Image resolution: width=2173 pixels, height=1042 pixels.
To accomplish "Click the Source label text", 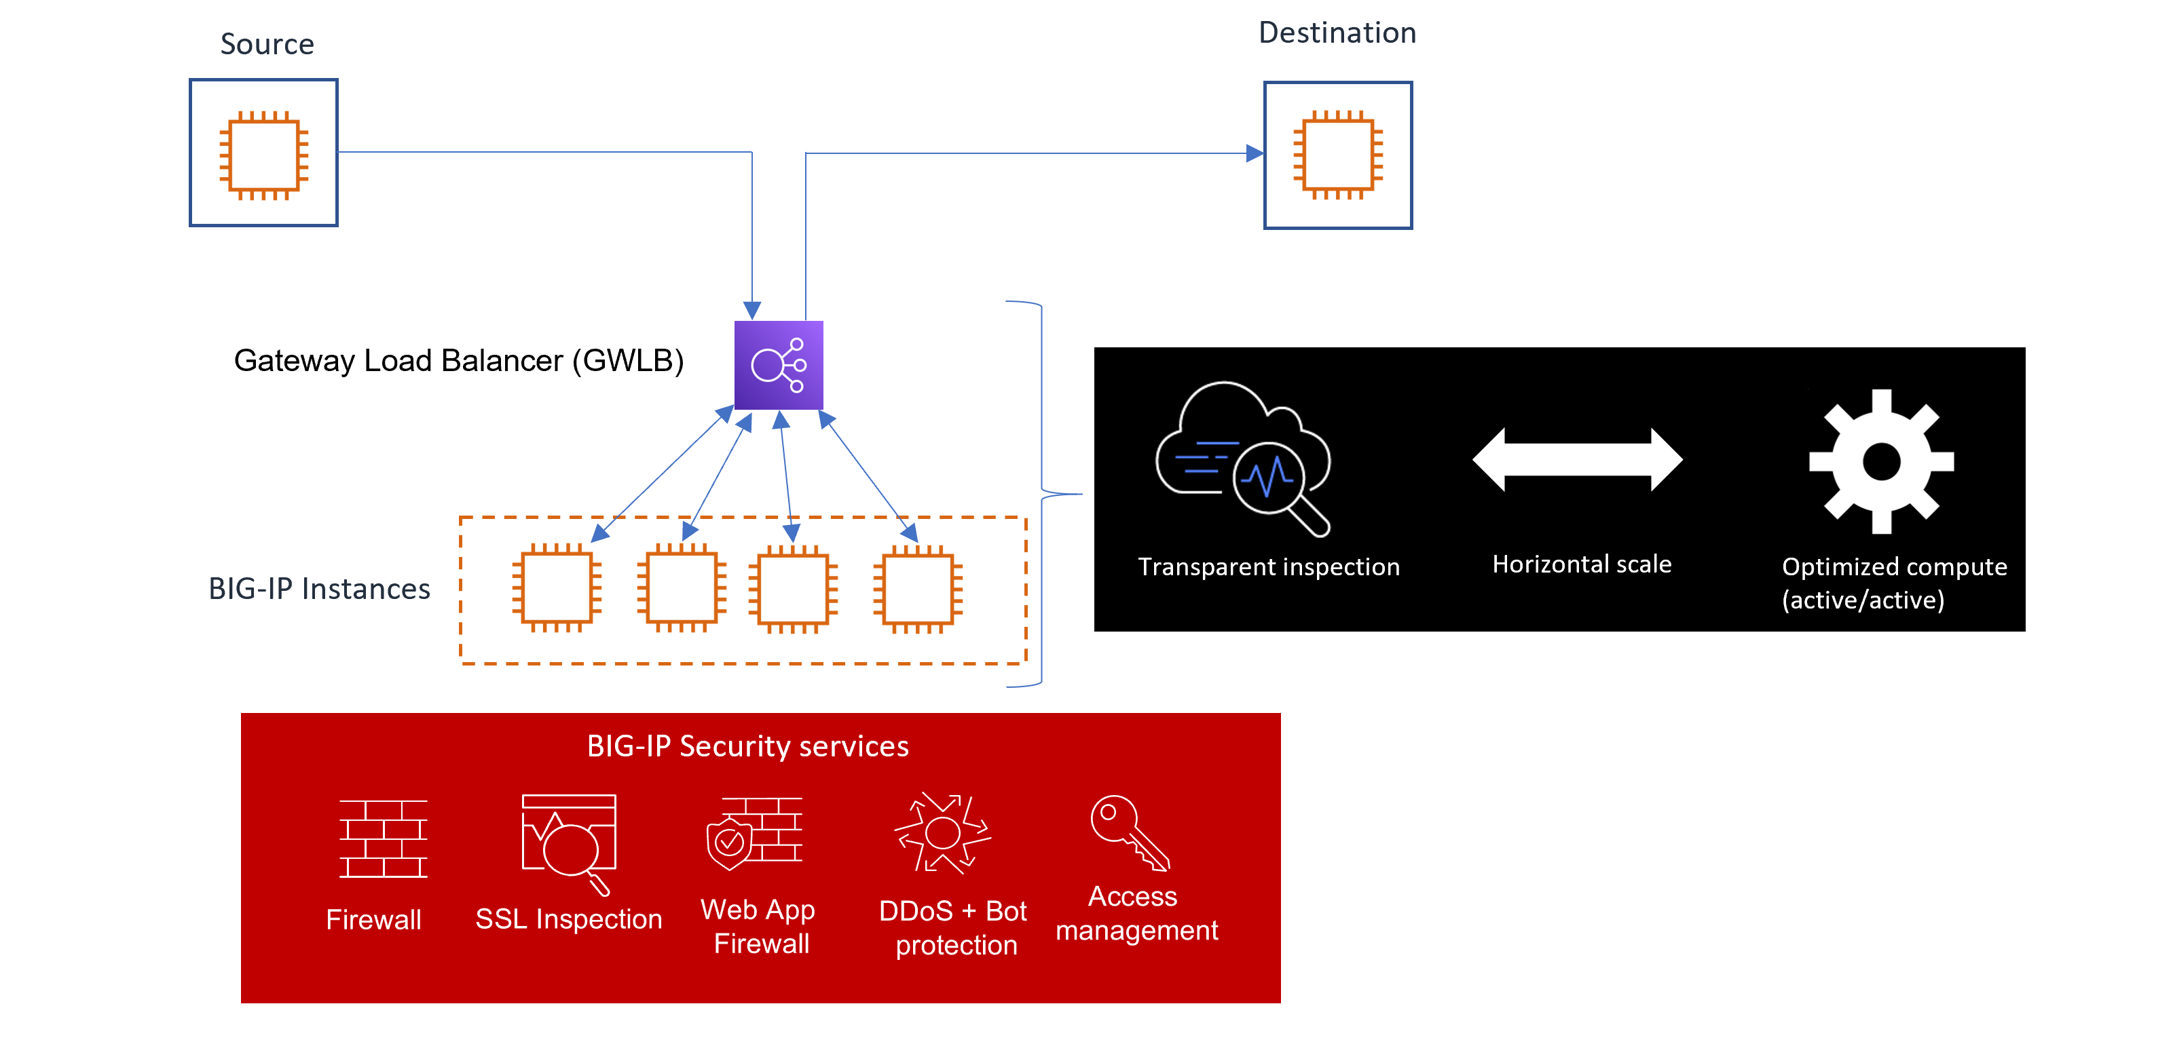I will click(x=267, y=44).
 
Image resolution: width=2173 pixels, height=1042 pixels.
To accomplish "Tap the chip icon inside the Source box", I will click(x=264, y=155).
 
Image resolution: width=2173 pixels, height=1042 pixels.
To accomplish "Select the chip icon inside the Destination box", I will click(x=1338, y=155).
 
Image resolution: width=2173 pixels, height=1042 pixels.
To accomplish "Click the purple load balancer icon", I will click(x=779, y=365).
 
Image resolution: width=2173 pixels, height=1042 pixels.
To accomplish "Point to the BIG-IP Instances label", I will click(x=319, y=588).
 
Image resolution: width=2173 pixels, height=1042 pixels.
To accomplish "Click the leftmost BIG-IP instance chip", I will click(x=557, y=588).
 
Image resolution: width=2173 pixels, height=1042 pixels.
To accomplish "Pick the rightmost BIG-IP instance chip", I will click(x=918, y=588).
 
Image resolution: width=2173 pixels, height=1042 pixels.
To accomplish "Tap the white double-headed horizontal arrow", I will click(x=1578, y=459).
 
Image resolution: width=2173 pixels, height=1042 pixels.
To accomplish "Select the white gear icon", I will click(x=1881, y=461).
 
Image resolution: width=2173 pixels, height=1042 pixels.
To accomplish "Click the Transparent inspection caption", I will click(x=1269, y=566).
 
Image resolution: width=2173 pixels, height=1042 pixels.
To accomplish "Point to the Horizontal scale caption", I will click(x=1582, y=564).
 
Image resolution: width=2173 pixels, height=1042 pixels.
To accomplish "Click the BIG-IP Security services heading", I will click(x=747, y=746).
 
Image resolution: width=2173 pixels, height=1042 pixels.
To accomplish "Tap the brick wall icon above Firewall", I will click(x=383, y=839).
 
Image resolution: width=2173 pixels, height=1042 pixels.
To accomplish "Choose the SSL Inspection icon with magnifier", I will click(x=570, y=841).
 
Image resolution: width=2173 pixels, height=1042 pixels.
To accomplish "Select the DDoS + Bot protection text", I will click(x=953, y=927).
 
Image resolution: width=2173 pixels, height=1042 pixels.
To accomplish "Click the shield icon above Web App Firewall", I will click(x=730, y=841).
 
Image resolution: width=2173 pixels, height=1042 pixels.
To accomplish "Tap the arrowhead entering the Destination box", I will click(x=1255, y=153).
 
